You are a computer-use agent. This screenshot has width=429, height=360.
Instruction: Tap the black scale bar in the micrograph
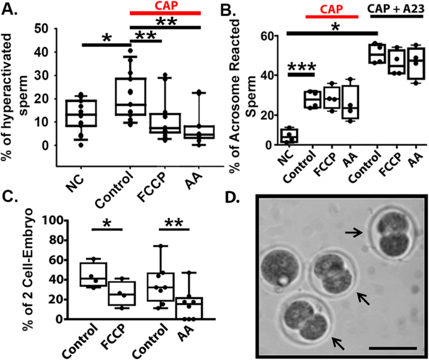point(391,348)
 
